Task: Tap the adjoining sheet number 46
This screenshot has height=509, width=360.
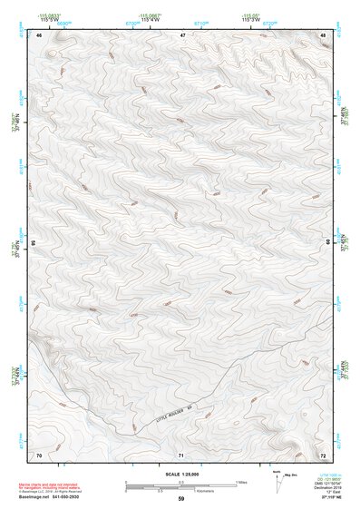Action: coord(39,35)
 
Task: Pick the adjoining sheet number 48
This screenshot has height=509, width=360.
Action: coord(323,35)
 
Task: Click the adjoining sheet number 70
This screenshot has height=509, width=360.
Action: coord(39,454)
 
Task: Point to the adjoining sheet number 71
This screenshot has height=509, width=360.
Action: coord(181,454)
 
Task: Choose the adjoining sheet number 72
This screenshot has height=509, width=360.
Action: coord(323,454)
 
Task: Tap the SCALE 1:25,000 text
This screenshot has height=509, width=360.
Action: coord(180,475)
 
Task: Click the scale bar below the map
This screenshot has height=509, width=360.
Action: coord(180,485)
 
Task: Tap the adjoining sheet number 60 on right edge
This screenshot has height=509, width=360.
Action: coord(328,243)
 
